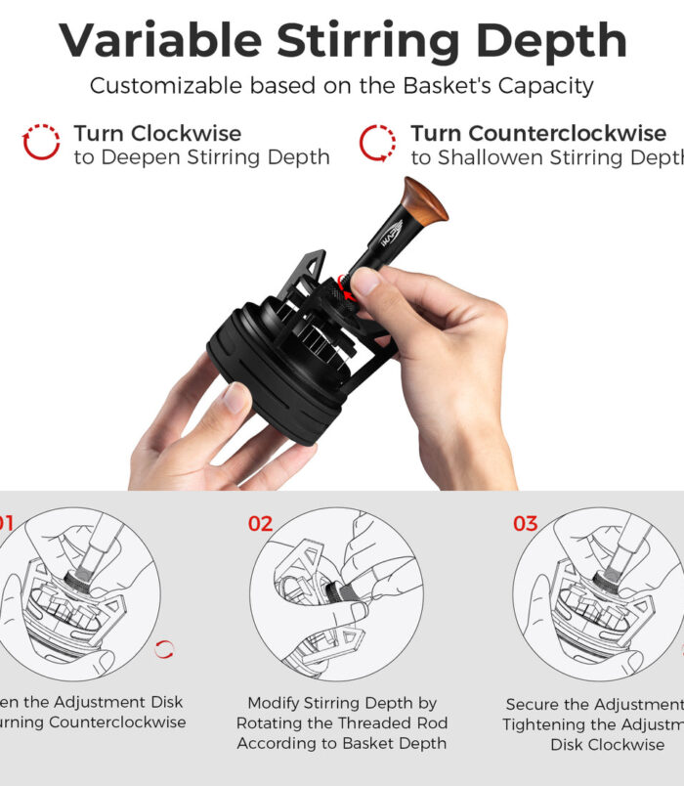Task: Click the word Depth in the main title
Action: [553, 41]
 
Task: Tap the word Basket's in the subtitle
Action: [439, 86]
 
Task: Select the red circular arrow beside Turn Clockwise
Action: [41, 143]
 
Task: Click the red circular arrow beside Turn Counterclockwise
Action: [377, 143]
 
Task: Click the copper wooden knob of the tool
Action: [424, 200]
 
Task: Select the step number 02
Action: [260, 524]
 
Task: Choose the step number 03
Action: [526, 524]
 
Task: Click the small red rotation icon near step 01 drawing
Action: [165, 649]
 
